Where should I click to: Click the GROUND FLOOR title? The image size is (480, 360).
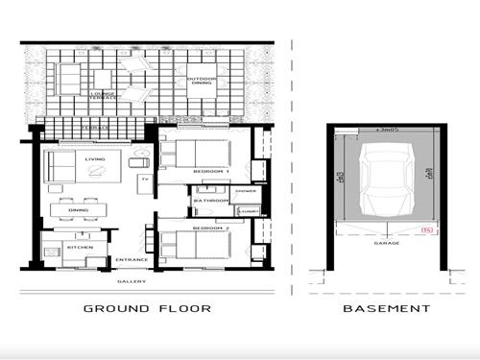tap(147, 308)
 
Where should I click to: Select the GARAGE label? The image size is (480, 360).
tap(386, 243)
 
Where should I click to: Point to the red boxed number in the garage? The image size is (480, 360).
tap(428, 229)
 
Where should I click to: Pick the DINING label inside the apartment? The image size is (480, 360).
tap(79, 212)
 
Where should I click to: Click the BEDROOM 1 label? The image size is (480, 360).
tap(211, 170)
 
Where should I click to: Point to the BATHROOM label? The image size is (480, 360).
tap(209, 200)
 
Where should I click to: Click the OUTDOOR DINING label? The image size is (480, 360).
tap(202, 83)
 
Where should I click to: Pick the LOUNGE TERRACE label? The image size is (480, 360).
tap(104, 95)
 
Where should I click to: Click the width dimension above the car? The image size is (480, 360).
tap(387, 129)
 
